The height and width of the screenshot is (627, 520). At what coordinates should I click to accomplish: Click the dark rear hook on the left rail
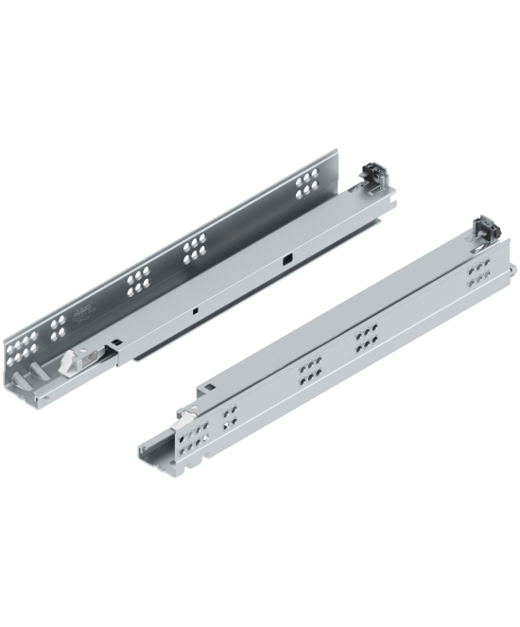(x=373, y=176)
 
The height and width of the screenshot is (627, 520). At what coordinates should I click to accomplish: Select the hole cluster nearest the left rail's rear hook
(x=308, y=184)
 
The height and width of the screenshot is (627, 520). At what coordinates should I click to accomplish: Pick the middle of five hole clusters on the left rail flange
(x=138, y=278)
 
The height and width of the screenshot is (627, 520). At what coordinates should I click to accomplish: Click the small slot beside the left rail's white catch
(x=113, y=344)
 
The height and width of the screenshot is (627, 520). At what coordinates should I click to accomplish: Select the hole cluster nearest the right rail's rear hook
(x=478, y=272)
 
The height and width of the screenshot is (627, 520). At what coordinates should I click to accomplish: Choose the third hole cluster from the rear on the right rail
(x=308, y=372)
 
